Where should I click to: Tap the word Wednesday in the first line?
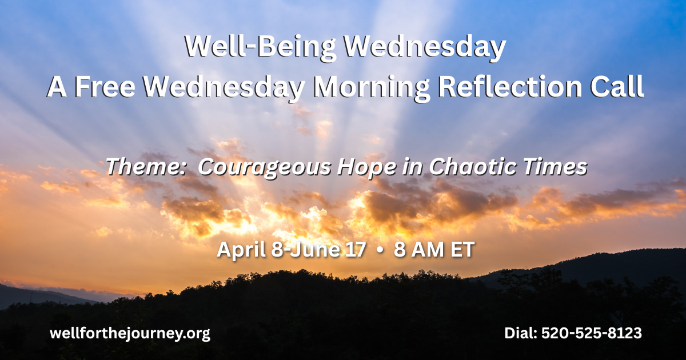(424, 47)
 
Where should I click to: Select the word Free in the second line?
(105, 87)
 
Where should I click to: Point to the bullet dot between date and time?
(380, 250)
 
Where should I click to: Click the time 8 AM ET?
(434, 249)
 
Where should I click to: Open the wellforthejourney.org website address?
(130, 334)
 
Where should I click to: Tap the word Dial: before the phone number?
(521, 333)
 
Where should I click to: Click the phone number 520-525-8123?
(591, 333)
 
